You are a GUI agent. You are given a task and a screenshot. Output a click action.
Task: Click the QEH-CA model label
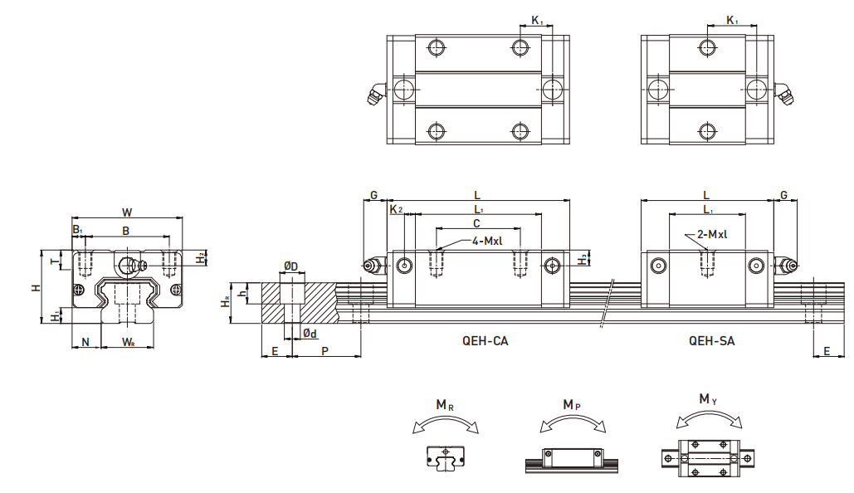[x=485, y=341]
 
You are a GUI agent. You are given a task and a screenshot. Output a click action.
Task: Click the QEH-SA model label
[x=711, y=341]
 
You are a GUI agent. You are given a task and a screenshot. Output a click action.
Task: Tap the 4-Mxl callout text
[x=487, y=241]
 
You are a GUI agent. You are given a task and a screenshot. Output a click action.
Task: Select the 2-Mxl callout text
[x=712, y=234]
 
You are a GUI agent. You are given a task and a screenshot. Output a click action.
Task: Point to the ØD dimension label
[x=290, y=266]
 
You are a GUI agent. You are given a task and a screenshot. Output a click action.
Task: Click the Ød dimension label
[x=310, y=333]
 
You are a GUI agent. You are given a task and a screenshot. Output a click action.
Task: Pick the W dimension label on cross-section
[x=127, y=212]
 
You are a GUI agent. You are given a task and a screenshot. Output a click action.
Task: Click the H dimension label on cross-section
[x=37, y=287]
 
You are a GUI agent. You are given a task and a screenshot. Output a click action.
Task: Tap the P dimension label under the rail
[x=325, y=351]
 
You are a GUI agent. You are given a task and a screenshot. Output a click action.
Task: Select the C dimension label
[x=476, y=223]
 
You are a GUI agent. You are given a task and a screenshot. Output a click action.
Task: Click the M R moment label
[x=445, y=405]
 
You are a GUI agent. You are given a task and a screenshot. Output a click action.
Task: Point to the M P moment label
[x=572, y=405]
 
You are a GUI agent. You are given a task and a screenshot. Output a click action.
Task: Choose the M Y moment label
[x=708, y=399]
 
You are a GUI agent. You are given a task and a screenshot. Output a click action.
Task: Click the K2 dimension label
[x=396, y=209]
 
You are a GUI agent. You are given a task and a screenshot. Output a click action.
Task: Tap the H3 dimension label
[x=583, y=259]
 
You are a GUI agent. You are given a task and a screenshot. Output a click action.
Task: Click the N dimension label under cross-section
[x=85, y=342]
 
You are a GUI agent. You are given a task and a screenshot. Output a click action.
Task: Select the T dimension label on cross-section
[x=54, y=261]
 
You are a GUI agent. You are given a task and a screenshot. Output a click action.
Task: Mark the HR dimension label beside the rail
[x=226, y=301]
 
